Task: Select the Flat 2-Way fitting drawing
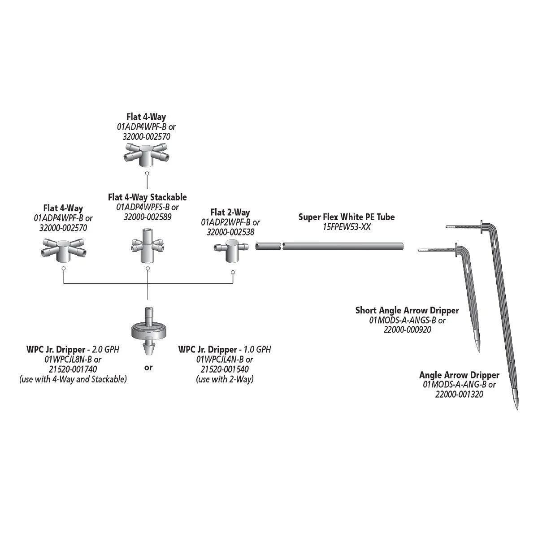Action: (x=231, y=250)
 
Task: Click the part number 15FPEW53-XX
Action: (x=347, y=227)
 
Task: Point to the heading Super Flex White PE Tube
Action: (x=347, y=217)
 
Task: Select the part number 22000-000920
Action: (x=408, y=330)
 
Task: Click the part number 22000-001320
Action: (x=459, y=394)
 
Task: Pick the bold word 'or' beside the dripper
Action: (x=148, y=368)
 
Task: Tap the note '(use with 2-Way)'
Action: (x=225, y=379)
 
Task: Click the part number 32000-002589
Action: (x=148, y=217)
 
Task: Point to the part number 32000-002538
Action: (x=230, y=232)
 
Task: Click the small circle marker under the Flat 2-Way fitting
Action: (x=233, y=272)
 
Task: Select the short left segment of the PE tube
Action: (x=268, y=246)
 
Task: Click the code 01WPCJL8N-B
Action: (x=69, y=359)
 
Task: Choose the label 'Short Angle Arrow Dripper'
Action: (x=407, y=310)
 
